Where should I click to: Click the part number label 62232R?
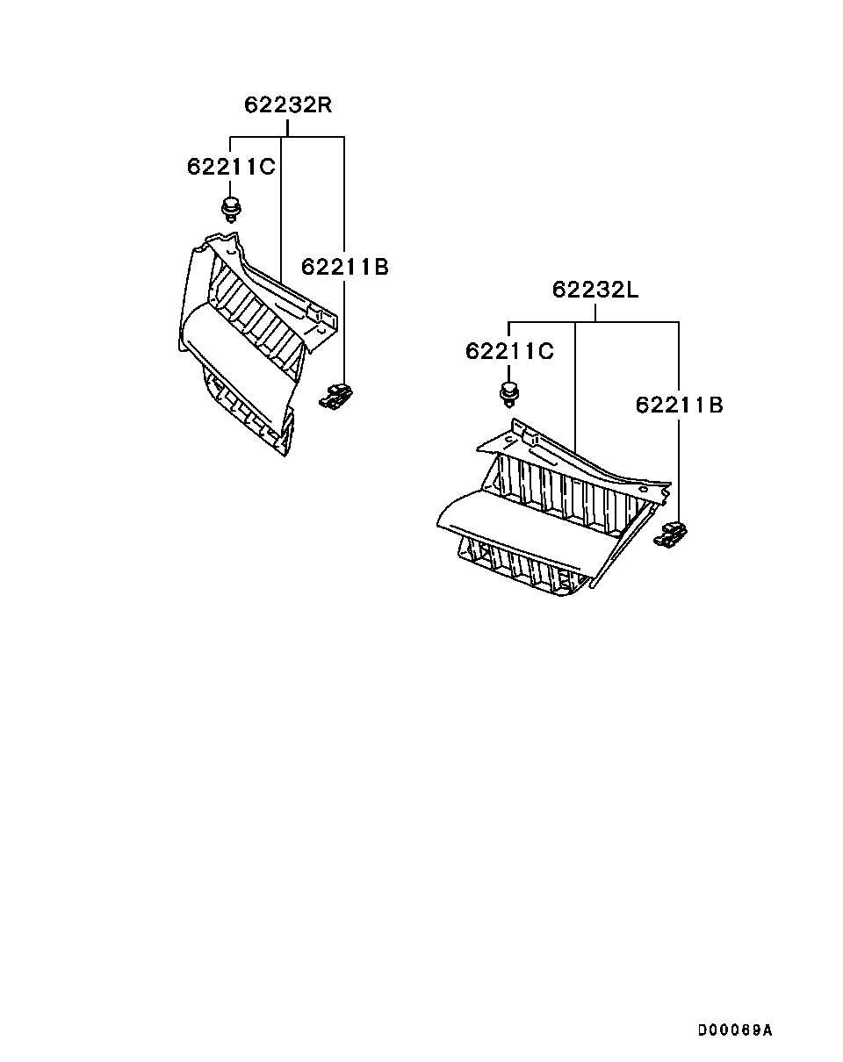pos(288,104)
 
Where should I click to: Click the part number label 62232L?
pos(595,290)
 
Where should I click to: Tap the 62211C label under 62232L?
pos(509,351)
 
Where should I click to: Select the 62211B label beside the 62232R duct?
pos(345,267)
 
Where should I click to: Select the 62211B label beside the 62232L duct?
pos(679,405)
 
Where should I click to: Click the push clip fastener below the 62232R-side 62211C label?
pos(231,210)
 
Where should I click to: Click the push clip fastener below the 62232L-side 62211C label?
pos(509,394)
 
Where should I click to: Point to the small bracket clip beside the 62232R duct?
pos(335,397)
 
